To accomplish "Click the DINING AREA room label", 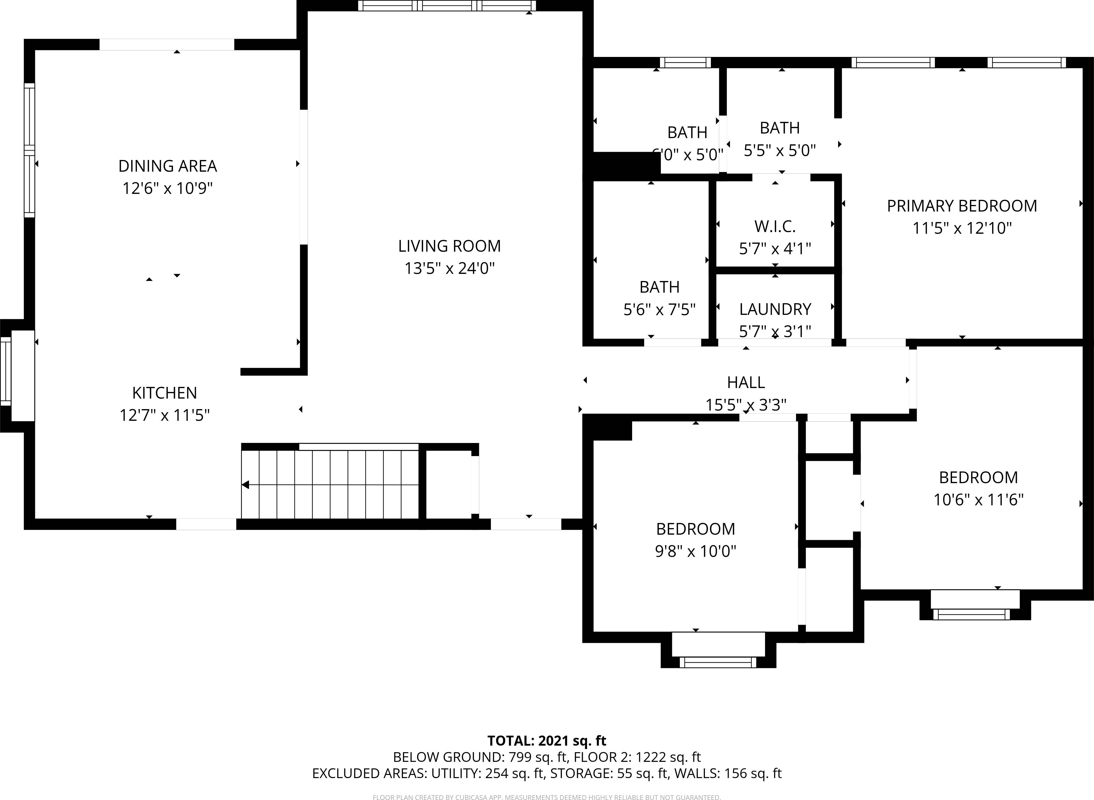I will (168, 166).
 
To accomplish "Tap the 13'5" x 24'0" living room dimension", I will (449, 268).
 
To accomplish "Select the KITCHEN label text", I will (164, 393).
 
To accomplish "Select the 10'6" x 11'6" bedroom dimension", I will (978, 500).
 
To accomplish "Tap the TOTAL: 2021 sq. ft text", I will (546, 741).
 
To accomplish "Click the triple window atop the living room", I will (447, 6).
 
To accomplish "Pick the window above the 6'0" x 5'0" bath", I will (685, 62).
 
